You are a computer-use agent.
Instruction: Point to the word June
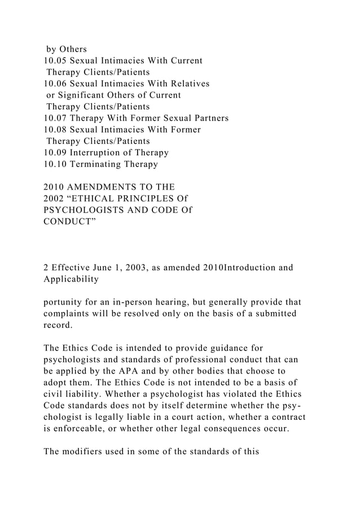point(110,267)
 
